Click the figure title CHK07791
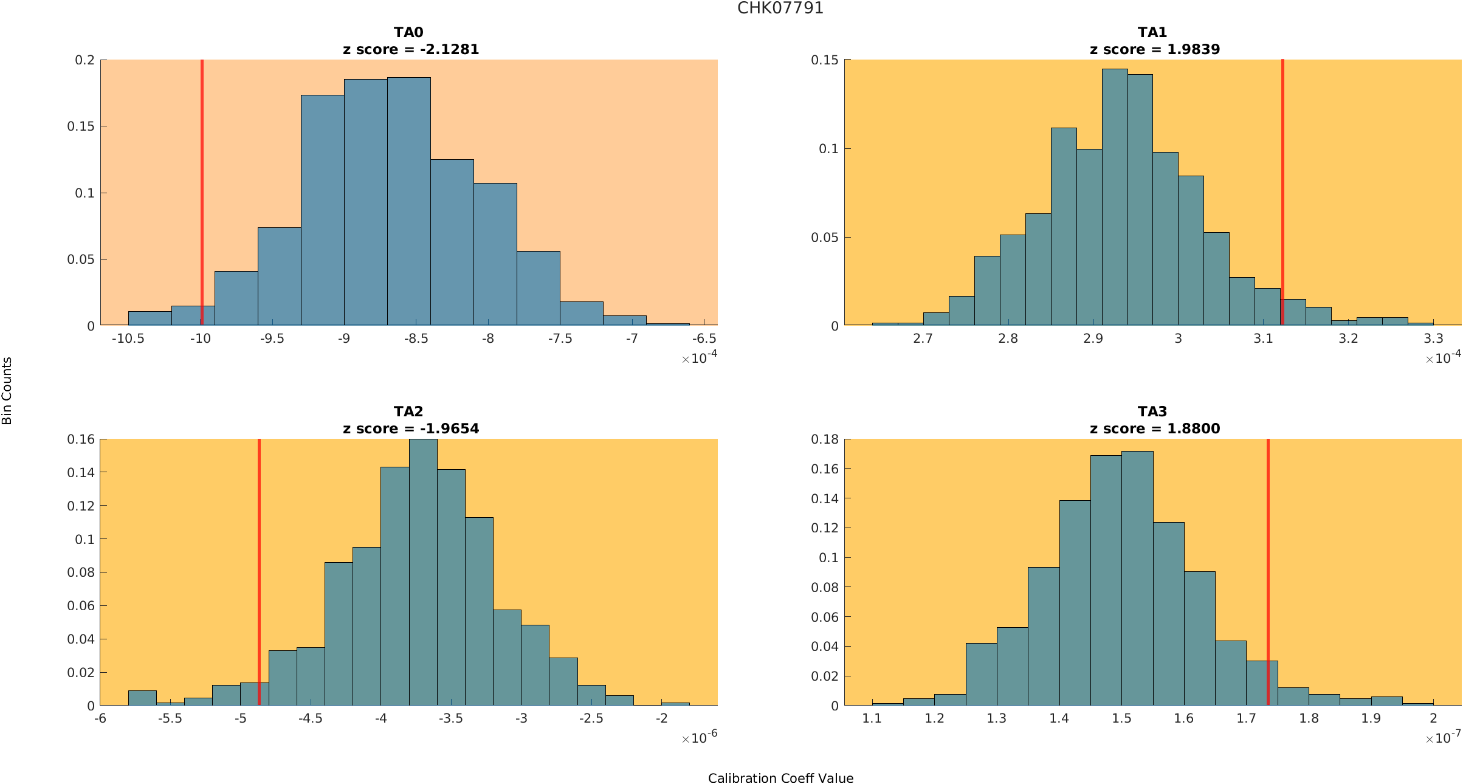point(780,8)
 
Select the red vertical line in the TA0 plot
point(202,182)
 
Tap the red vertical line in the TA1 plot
point(1282,182)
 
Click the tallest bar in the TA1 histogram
point(1115,201)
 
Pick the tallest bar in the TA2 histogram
point(423,577)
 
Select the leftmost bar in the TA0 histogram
point(150,318)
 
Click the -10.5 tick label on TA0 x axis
point(128,339)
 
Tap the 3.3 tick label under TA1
point(1433,339)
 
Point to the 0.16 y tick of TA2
point(81,439)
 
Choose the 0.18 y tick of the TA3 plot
point(825,439)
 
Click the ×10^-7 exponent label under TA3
point(1443,738)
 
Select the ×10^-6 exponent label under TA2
point(700,738)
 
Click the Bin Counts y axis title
point(7,390)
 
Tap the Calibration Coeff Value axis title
point(780,778)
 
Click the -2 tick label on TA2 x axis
point(661,718)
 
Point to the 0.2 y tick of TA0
point(84,60)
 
